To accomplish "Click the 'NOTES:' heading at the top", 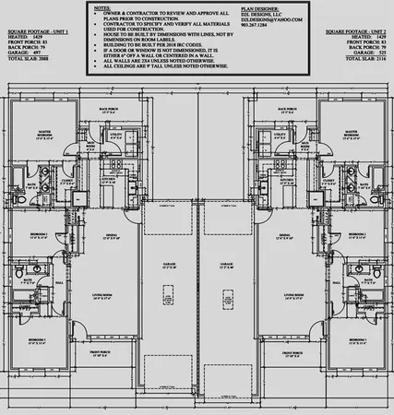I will (x=105, y=6).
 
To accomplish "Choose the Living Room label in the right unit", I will (x=284, y=294).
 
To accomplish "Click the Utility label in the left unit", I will (x=118, y=135).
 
